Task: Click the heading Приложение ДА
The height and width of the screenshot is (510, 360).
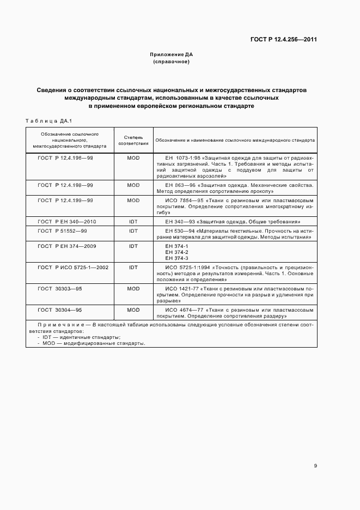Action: pos(172,55)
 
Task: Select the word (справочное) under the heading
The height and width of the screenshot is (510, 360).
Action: pos(172,62)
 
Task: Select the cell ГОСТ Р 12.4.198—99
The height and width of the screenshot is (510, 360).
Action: pos(65,185)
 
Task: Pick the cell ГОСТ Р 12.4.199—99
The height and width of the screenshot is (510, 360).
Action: pos(65,201)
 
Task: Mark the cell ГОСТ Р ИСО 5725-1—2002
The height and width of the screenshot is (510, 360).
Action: pos(73,268)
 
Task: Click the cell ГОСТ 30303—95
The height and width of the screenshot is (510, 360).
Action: pos(60,288)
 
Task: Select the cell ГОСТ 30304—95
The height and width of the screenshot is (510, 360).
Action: pos(60,309)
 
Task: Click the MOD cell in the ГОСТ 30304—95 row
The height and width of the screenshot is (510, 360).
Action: pos(133,309)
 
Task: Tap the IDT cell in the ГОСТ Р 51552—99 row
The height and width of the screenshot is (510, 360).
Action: pos(133,231)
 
